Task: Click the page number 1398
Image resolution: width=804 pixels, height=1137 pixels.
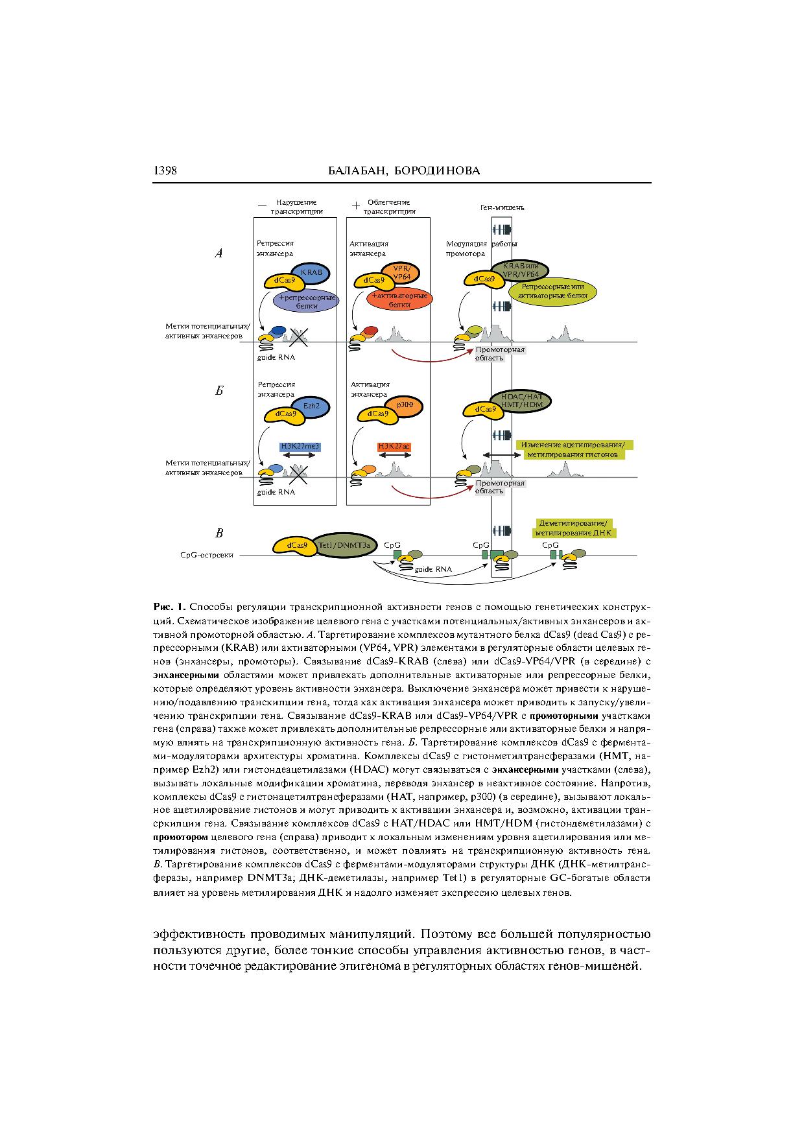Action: tap(165, 170)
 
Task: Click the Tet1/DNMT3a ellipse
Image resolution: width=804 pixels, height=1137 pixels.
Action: tap(344, 546)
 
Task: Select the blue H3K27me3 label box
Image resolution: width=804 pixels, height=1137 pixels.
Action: tap(300, 447)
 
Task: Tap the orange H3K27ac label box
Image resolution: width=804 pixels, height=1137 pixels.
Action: tap(395, 447)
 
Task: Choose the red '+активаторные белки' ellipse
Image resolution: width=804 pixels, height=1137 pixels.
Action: tap(401, 300)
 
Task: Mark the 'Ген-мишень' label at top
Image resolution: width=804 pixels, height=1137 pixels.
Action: tap(502, 208)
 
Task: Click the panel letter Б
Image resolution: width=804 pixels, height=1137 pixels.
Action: tap(219, 391)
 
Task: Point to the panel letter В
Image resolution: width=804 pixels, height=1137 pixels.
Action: tap(219, 533)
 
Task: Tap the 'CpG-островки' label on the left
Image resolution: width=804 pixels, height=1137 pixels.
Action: tap(207, 556)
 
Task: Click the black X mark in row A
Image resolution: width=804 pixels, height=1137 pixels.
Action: tap(298, 336)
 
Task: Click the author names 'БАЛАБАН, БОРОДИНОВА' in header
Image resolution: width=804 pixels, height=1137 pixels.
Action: tap(405, 171)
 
